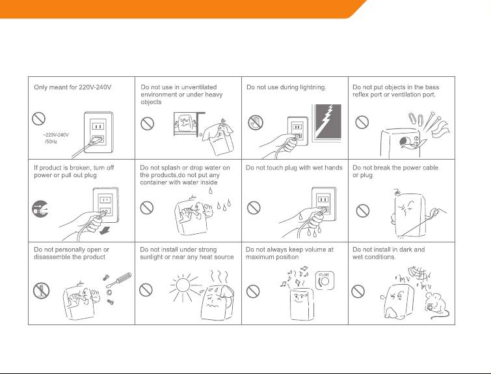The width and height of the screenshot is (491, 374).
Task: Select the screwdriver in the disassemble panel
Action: click(118, 280)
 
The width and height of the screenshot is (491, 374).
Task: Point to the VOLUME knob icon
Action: click(325, 280)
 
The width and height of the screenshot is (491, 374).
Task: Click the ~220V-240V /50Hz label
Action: click(56, 138)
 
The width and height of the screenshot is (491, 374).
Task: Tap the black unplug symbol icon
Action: click(40, 209)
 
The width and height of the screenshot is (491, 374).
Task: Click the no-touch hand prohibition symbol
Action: click(256, 122)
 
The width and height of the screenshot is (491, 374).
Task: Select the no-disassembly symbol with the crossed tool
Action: click(42, 290)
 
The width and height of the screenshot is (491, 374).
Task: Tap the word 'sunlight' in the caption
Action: click(152, 257)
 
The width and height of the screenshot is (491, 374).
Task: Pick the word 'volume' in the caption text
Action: click(315, 250)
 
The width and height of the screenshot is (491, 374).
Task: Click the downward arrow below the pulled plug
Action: click(104, 231)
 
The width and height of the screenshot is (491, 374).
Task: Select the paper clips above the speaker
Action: click(416, 119)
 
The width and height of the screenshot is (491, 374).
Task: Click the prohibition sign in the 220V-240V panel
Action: click(38, 119)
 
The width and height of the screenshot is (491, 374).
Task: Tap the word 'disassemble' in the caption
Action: click(52, 257)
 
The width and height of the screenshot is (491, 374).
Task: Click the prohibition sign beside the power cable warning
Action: click(363, 210)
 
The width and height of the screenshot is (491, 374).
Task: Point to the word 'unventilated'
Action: click(199, 87)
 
